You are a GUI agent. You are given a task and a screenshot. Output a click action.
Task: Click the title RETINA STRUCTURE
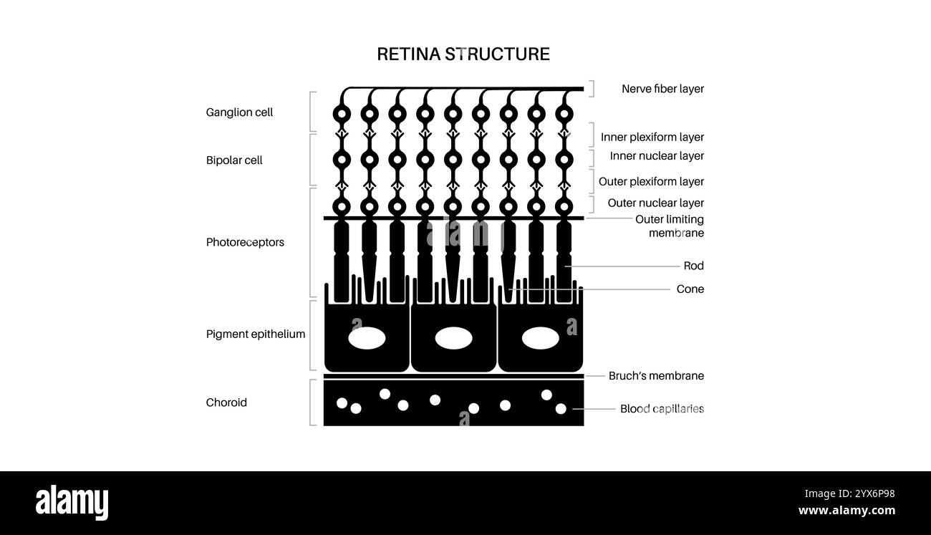[463, 54]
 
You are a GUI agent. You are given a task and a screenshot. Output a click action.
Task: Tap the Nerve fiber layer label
[662, 89]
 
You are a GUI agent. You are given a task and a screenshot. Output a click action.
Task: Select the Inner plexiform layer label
[652, 137]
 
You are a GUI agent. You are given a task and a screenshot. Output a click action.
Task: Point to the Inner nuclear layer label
[657, 155]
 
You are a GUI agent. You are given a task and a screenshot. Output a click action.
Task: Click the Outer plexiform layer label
[651, 181]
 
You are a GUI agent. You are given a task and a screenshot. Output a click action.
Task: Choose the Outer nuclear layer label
[655, 203]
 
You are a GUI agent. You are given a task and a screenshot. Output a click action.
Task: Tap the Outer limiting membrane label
[670, 226]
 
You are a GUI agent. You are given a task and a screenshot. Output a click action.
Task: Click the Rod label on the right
[693, 266]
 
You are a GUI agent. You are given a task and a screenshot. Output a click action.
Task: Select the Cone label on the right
[690, 289]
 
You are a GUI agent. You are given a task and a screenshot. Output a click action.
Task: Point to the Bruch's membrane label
[656, 375]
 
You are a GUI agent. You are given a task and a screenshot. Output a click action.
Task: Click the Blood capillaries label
[662, 409]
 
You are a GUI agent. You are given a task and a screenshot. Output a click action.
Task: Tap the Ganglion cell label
[239, 112]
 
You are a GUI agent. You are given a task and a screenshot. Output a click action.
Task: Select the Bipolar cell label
[234, 160]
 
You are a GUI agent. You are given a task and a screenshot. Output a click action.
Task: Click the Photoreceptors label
[245, 242]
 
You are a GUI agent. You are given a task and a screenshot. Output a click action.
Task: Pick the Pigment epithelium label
[256, 334]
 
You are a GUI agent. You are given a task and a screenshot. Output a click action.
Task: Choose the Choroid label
[226, 403]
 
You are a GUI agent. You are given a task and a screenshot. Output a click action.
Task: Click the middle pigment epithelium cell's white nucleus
[453, 338]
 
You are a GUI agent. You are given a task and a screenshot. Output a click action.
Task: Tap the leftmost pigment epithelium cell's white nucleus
[367, 338]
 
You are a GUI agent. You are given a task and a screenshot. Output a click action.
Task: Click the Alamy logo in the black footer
[72, 503]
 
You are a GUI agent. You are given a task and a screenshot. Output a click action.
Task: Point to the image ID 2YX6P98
[849, 493]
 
